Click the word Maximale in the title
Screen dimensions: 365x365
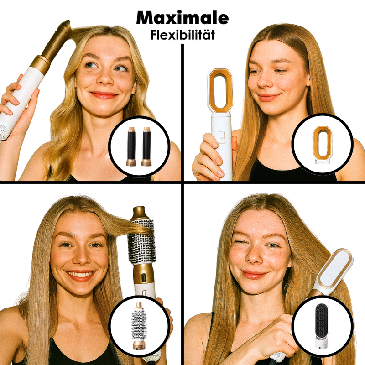pos(182,17)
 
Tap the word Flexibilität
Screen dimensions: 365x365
pos(182,35)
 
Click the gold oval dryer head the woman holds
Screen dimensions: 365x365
pos(220,91)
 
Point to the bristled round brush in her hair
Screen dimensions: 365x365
pos(140,241)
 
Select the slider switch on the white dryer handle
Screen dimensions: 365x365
pos(221,137)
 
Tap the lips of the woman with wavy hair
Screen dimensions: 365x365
pos(104,95)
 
